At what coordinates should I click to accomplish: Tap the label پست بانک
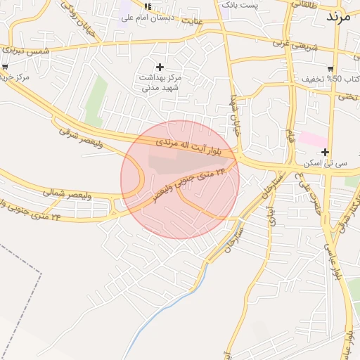coord(240,5)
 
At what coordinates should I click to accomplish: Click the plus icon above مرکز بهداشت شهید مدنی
coord(160,67)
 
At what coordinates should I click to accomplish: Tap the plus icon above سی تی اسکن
coord(325,152)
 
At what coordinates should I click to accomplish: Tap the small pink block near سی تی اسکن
coord(311,138)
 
